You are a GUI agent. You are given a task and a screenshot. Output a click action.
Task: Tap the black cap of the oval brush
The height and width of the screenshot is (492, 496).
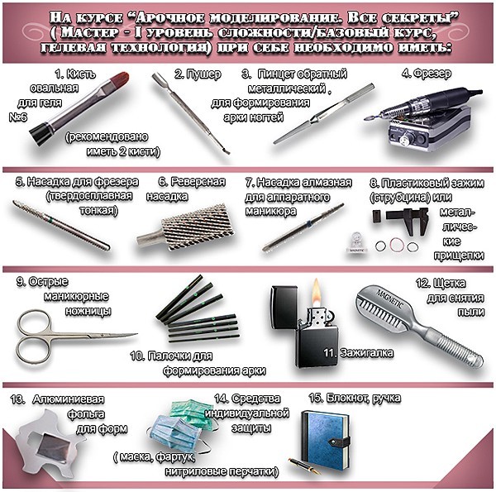pyautogui.click(x=41, y=133)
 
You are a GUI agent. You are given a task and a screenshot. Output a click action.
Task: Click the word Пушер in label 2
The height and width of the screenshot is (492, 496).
pyautogui.click(x=203, y=74)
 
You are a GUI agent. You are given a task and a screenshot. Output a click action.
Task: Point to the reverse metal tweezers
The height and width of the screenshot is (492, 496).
pyautogui.click(x=322, y=114)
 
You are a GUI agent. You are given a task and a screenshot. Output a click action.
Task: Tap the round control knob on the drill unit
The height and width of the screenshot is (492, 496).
pyautogui.click(x=403, y=139)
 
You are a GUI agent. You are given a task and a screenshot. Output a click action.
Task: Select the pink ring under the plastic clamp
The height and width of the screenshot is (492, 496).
pyautogui.click(x=396, y=245)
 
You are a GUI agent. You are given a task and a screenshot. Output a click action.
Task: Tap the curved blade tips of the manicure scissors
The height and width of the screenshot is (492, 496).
pyautogui.click(x=126, y=336)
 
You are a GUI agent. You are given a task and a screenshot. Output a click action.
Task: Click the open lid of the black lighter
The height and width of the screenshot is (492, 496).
pyautogui.click(x=284, y=307)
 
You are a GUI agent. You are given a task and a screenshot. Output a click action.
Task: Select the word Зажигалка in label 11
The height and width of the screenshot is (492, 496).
pyautogui.click(x=366, y=353)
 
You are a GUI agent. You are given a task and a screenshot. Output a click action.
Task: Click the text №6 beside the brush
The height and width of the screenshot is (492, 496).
pyautogui.click(x=18, y=117)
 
